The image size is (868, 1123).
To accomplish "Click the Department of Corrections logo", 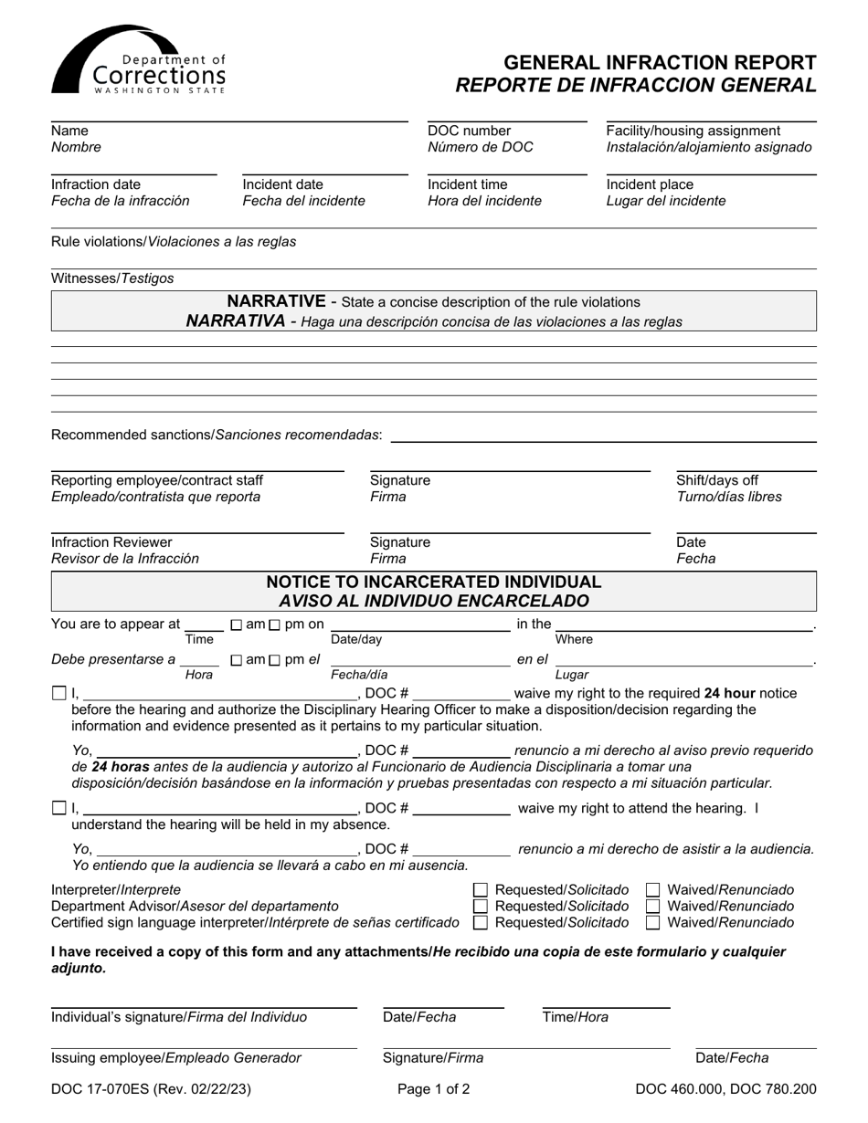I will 138,60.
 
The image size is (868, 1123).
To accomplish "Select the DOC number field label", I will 470,131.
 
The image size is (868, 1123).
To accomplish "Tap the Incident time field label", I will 467,184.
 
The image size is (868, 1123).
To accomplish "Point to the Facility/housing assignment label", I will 693,131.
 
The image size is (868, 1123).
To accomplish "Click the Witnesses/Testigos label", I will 112,278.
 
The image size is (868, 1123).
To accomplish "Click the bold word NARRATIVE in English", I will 276,301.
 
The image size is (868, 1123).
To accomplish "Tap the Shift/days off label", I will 716,480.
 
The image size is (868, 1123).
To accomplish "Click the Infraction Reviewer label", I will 111,542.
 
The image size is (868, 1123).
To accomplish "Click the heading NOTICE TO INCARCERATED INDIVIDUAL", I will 434,582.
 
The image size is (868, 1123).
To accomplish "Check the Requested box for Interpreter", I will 481,890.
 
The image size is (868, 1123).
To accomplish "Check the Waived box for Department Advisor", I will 653,907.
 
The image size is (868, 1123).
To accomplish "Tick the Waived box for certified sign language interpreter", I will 653,923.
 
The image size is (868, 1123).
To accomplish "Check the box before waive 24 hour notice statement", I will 59,694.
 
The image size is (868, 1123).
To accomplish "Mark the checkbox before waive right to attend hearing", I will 59,808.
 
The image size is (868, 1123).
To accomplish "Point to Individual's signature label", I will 179,1017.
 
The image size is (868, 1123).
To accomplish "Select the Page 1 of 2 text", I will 434,1088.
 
